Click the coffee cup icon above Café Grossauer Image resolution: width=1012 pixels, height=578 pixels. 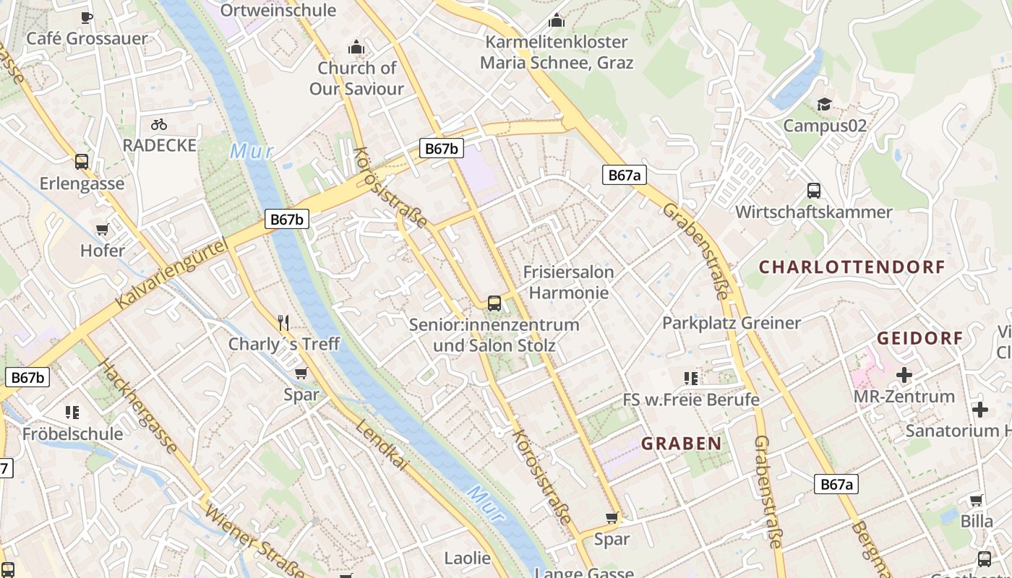pyautogui.click(x=87, y=17)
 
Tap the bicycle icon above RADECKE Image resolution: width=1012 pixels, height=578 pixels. pyautogui.click(x=159, y=124)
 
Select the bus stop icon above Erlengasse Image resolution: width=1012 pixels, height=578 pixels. pyautogui.click(x=82, y=162)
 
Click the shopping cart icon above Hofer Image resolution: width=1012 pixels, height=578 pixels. pyautogui.click(x=102, y=230)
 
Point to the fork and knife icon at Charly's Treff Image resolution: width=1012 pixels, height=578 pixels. pyautogui.click(x=283, y=322)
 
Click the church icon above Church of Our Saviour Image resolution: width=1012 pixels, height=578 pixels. pyautogui.click(x=356, y=48)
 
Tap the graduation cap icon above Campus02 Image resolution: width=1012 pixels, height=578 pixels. pyautogui.click(x=824, y=105)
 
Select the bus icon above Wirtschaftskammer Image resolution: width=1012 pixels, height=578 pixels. pyautogui.click(x=814, y=191)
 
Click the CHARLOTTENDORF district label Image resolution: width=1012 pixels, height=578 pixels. pyautogui.click(x=852, y=267)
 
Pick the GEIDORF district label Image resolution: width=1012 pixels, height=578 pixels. pyautogui.click(x=919, y=338)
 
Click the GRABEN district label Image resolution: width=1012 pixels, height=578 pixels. pyautogui.click(x=681, y=444)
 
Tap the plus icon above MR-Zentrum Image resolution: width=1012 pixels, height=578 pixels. pyautogui.click(x=904, y=375)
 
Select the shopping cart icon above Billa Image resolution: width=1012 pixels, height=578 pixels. pyautogui.click(x=976, y=500)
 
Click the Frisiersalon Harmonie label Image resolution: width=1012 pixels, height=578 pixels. pyautogui.click(x=568, y=282)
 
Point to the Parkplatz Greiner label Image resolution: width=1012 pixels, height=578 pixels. pyautogui.click(x=732, y=323)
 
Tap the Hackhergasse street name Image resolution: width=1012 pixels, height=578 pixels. pyautogui.click(x=137, y=406)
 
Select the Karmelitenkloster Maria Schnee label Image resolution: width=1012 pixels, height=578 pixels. pyautogui.click(x=557, y=52)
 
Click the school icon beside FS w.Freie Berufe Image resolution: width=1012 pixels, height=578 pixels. pyautogui.click(x=691, y=378)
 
